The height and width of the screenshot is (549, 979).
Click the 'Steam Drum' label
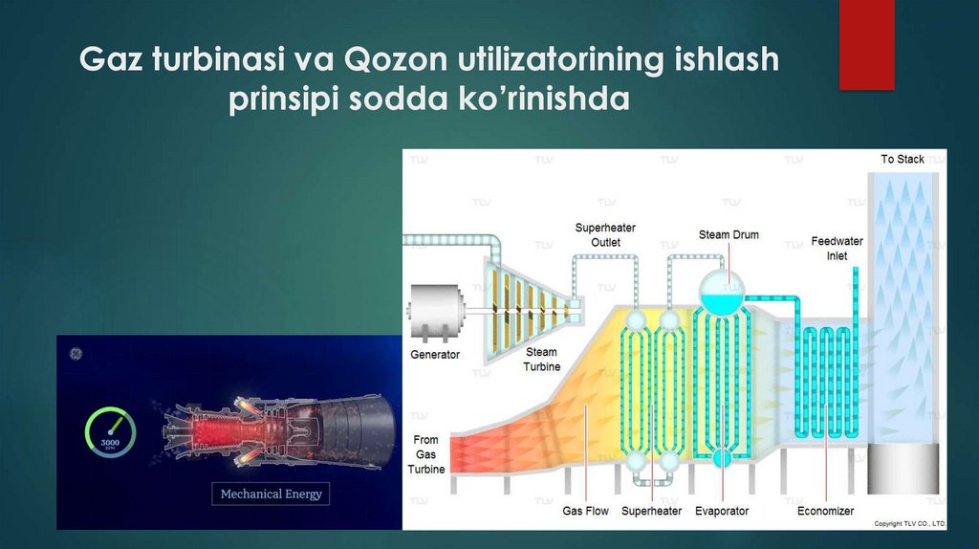pyautogui.click(x=728, y=235)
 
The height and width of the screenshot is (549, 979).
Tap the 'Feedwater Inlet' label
pyautogui.click(x=837, y=249)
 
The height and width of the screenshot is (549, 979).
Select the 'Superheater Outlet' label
pyautogui.click(x=605, y=235)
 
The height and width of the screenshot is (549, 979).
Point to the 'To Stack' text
pyautogui.click(x=903, y=159)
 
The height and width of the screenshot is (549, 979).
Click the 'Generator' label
pyautogui.click(x=435, y=355)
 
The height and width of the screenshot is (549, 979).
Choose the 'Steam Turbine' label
pyautogui.click(x=541, y=360)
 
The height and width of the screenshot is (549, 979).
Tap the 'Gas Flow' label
pyautogui.click(x=585, y=512)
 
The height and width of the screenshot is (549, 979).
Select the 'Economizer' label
pyautogui.click(x=826, y=512)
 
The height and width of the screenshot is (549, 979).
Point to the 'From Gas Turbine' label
pyautogui.click(x=426, y=454)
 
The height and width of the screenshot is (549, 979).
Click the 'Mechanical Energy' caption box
pyautogui.click(x=272, y=494)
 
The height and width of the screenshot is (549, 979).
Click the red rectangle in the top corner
pyautogui.click(x=866, y=45)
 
